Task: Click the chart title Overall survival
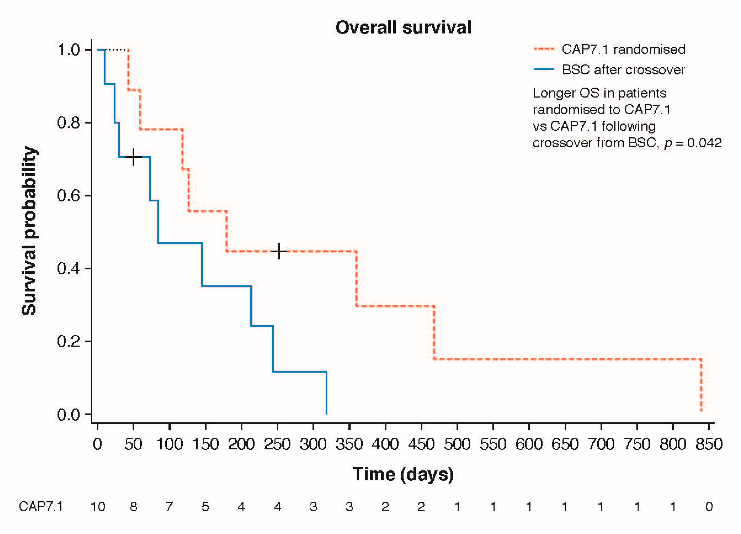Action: tap(403, 27)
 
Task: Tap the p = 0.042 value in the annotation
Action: tap(693, 143)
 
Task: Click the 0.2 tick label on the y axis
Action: tap(68, 341)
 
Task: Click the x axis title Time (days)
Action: tap(403, 474)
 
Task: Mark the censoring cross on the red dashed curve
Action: tap(279, 251)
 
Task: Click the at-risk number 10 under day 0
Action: tap(97, 507)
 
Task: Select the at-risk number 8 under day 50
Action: tap(133, 507)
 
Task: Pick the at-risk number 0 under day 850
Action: tap(709, 507)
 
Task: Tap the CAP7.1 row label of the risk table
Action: tap(41, 507)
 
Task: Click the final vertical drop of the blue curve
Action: tap(326, 392)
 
